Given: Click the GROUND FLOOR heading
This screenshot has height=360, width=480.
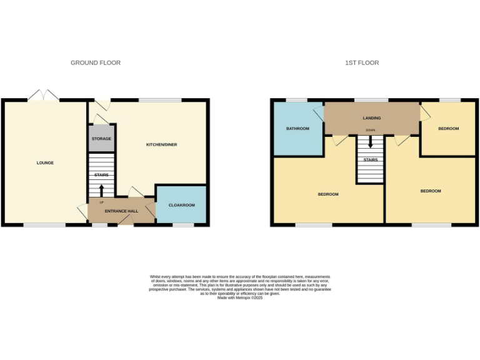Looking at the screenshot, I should pos(95,63).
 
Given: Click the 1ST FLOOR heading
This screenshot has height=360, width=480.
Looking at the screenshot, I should pos(362,63).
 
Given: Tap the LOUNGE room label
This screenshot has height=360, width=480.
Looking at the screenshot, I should pos(45,163).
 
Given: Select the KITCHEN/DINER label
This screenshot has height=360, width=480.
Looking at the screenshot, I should pos(161,144).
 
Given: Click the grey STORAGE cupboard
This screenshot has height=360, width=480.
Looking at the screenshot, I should pos(101,139).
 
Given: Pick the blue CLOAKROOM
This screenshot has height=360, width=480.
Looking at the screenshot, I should pos(181,205).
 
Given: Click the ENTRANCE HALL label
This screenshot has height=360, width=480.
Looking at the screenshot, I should pos(121,211).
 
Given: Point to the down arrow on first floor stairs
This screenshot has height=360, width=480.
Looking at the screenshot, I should pos(371,142).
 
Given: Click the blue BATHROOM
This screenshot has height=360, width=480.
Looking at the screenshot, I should pos(297,129).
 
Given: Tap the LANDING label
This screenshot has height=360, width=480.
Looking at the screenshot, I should pos(372,118).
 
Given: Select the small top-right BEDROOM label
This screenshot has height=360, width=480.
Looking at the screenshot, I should pos(448,129).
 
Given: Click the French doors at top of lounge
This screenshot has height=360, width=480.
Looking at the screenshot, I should pos(44,97).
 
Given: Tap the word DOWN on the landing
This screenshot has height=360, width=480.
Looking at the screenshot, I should pos(371,131).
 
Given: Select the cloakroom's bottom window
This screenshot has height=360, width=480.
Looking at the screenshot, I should pos(182,225).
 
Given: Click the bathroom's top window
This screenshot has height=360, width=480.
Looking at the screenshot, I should pos(297,100).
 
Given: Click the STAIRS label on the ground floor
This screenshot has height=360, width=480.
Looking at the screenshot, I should pos(101,175).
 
